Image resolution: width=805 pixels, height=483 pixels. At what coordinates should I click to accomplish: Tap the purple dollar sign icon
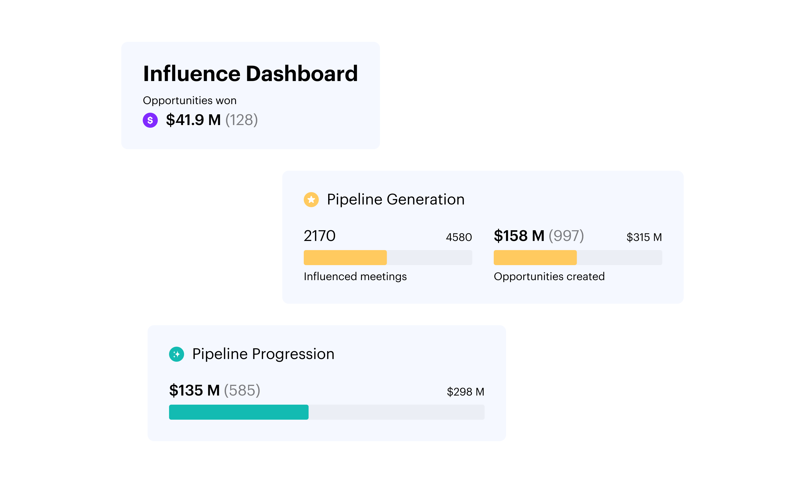tap(150, 120)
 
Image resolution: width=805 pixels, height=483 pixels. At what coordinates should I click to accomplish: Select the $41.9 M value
tap(193, 120)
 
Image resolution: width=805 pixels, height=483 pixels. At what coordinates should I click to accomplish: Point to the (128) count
tap(241, 120)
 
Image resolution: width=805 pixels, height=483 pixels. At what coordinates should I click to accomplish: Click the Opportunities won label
tap(189, 101)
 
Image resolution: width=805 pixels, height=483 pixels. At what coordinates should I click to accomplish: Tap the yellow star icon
tap(311, 200)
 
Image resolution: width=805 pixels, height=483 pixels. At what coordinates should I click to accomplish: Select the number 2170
tap(319, 236)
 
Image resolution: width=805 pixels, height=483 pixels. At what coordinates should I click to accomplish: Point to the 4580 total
tap(459, 237)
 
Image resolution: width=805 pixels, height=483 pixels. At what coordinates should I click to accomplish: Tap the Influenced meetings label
tap(355, 276)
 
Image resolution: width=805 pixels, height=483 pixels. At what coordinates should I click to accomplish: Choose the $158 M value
tap(519, 236)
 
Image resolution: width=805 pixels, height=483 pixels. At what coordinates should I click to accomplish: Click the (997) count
tap(566, 236)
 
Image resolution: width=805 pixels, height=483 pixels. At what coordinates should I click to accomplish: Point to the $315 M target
tap(644, 237)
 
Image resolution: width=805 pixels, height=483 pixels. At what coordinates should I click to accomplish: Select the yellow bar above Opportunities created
tap(535, 257)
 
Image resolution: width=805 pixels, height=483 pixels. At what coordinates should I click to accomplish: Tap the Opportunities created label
tap(549, 276)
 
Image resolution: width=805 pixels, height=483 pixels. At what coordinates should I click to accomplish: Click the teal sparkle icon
tap(176, 354)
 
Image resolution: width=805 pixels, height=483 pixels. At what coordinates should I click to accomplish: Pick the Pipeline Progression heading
tap(263, 354)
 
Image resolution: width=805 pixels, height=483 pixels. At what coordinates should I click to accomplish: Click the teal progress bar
tap(239, 412)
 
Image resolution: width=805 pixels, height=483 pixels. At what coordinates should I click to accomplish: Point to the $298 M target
tap(465, 392)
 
